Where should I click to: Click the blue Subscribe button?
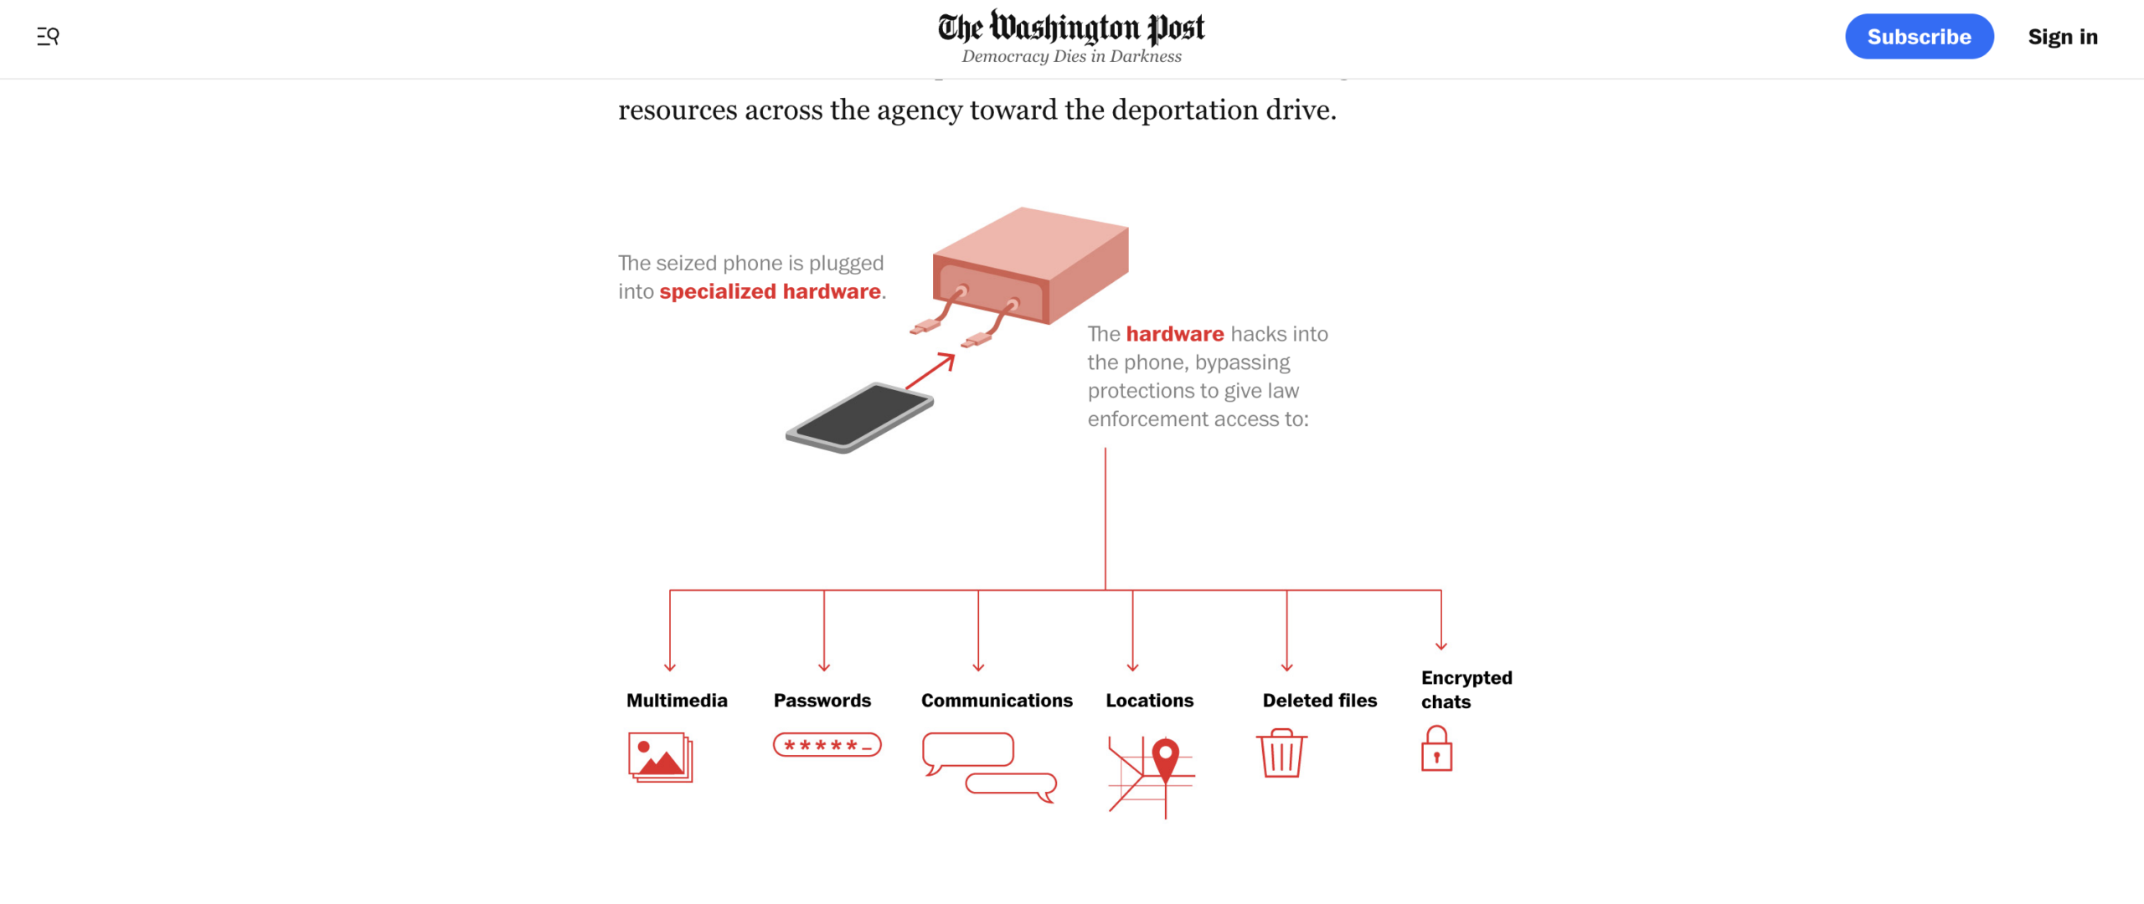coord(1918,37)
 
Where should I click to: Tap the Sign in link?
coord(2062,37)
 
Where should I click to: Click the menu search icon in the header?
coord(48,36)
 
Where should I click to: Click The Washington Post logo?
coord(1071,27)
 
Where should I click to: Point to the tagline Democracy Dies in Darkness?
coord(1071,56)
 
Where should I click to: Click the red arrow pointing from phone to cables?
coord(931,371)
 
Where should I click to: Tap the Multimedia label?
coord(677,701)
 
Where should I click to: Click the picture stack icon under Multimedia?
coord(661,758)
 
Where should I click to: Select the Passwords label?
coord(822,701)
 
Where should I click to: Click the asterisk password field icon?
coord(827,745)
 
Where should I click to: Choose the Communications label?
coord(997,701)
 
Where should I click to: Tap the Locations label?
coord(1149,701)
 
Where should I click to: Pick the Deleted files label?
coord(1319,701)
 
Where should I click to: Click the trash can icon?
coord(1281,753)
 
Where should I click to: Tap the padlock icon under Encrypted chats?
coord(1436,749)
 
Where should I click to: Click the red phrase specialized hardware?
coord(770,291)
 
